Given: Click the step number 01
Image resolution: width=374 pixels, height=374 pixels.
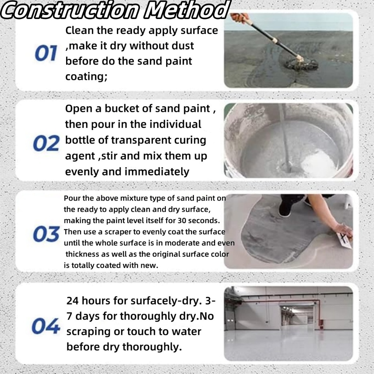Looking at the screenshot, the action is [46, 53].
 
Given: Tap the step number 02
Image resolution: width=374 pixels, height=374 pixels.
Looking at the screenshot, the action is [46, 143].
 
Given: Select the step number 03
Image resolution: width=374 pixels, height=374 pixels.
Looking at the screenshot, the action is [46, 234].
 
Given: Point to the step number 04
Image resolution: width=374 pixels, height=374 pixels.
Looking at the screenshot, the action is [46, 325].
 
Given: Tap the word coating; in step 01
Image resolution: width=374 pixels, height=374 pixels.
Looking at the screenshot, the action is [86, 77].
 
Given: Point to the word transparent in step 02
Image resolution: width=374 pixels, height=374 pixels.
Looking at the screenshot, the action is [141, 140].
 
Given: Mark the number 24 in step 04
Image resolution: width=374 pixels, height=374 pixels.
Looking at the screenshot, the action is [73, 301].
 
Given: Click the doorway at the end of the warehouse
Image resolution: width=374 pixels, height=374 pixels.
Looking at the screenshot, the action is [297, 315].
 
